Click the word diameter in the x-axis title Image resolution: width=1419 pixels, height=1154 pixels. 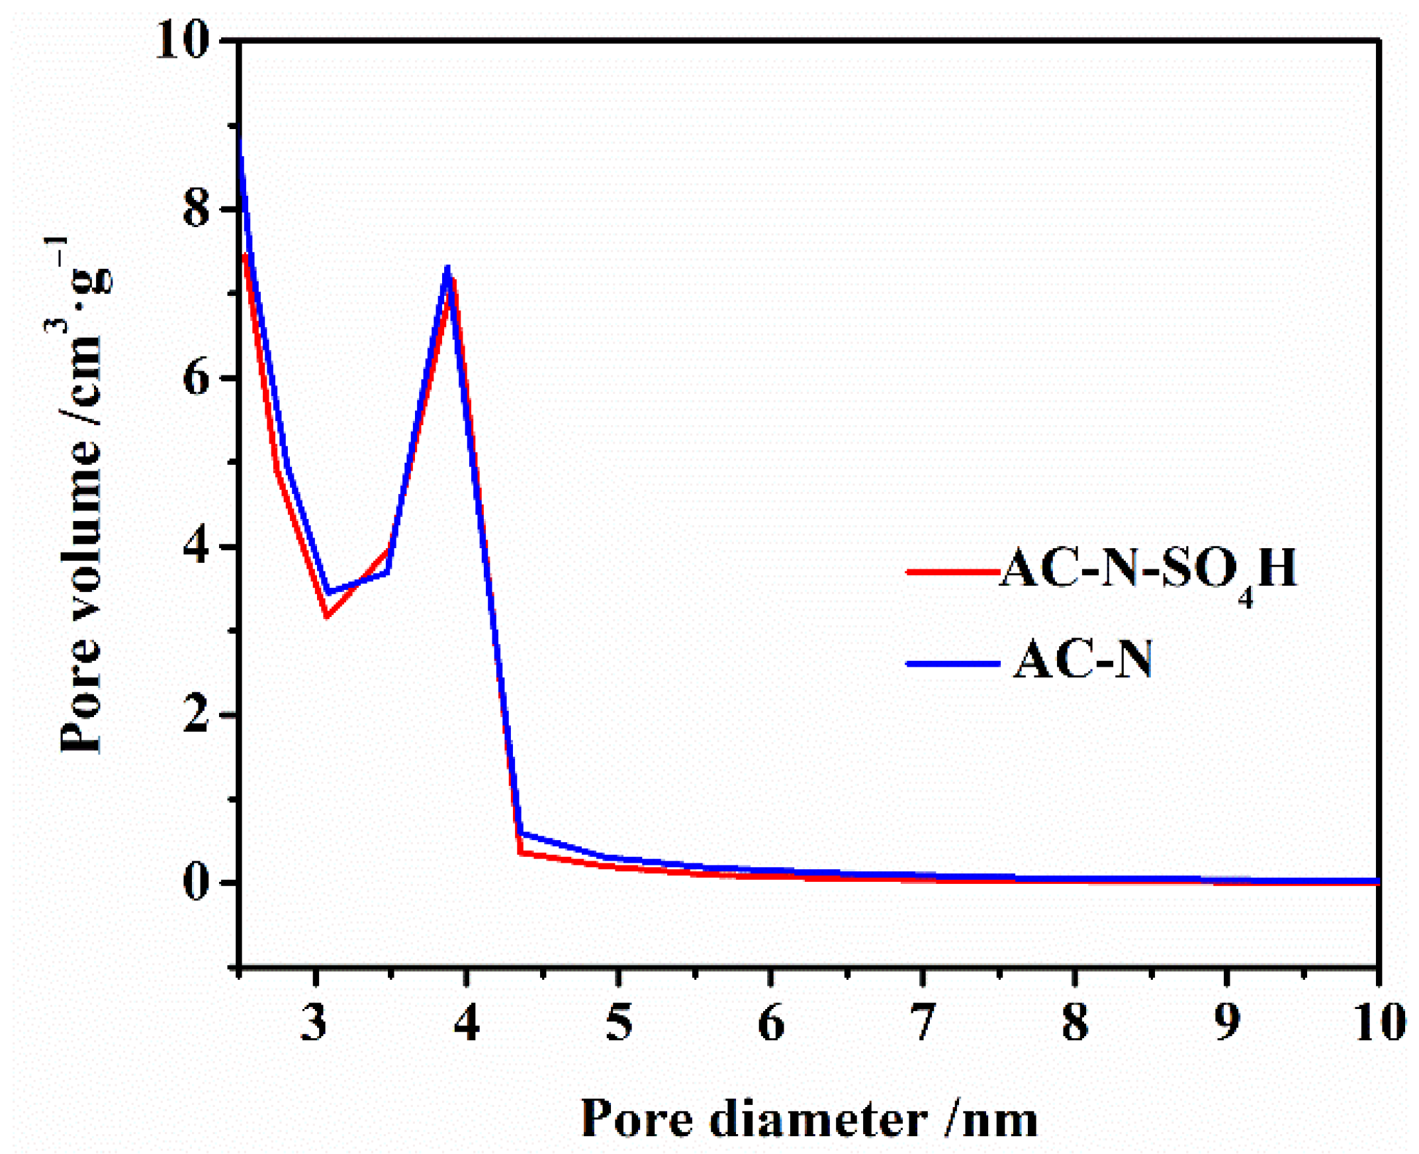819,1120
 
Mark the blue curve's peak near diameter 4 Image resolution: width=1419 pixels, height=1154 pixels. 448,267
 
